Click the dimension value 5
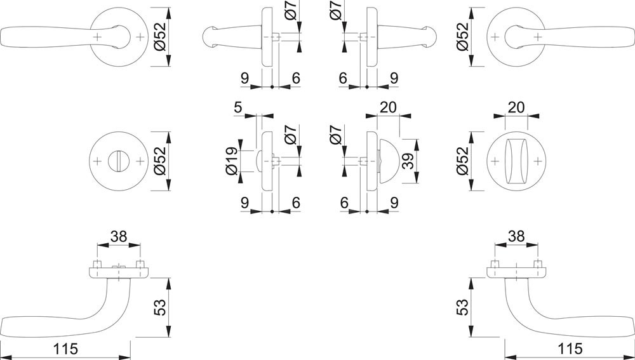pyautogui.click(x=237, y=108)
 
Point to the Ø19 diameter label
pyautogui.click(x=232, y=161)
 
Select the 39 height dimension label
pyautogui.click(x=409, y=161)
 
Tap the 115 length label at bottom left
pyautogui.click(x=65, y=349)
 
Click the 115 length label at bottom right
pyautogui.click(x=570, y=349)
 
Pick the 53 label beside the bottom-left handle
pyautogui.click(x=161, y=307)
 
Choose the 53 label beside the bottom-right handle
pyautogui.click(x=462, y=307)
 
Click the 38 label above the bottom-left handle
pyautogui.click(x=119, y=236)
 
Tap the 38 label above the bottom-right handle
pyautogui.click(x=516, y=236)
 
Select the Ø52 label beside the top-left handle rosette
pyautogui.click(x=161, y=36)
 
